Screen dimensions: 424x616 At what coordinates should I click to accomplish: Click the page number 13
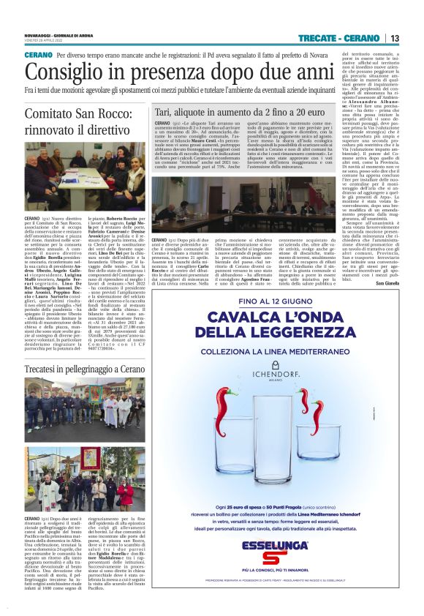coord(395,38)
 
